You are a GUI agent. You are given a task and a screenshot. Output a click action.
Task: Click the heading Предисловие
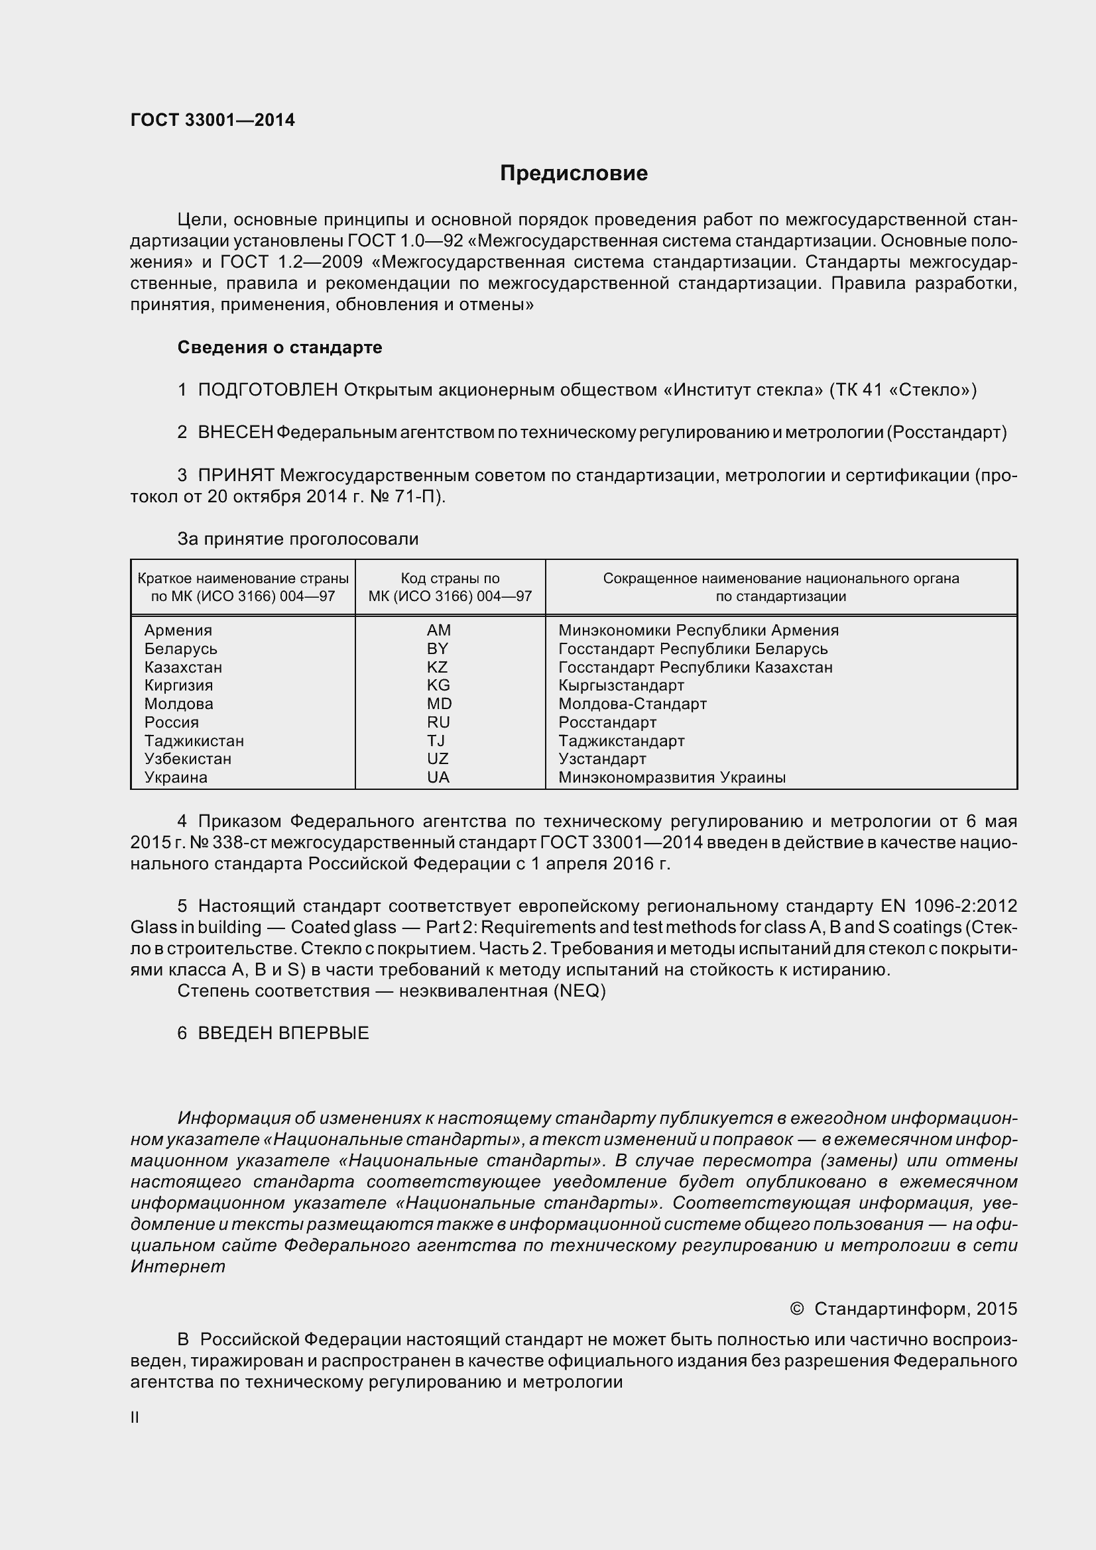pos(574,174)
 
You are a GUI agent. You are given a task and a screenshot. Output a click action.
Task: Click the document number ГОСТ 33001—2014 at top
pos(212,120)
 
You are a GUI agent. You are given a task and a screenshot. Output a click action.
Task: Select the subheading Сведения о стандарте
pos(280,348)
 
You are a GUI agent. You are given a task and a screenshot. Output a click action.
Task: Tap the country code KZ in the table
pos(438,667)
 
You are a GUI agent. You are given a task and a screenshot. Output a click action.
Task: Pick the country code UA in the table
pos(438,777)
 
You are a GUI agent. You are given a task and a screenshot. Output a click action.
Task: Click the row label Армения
pos(178,630)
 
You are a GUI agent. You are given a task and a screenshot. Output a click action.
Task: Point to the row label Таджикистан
pos(194,741)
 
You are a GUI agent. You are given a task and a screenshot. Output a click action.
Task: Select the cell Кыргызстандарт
pos(621,685)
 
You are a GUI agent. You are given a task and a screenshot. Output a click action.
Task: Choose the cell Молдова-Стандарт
pos(632,704)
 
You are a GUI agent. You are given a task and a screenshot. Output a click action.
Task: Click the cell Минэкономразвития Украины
pos(672,777)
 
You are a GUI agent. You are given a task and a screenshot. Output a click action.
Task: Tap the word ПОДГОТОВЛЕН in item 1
pos(267,390)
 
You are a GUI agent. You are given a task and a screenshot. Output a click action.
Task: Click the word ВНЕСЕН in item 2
pos(235,433)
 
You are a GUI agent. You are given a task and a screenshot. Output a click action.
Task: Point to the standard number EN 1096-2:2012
pos(949,906)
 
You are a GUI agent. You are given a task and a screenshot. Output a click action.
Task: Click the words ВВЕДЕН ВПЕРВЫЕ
pos(284,1033)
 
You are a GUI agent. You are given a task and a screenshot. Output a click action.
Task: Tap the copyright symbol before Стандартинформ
pos(797,1308)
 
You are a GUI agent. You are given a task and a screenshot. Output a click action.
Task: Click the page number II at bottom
pos(135,1417)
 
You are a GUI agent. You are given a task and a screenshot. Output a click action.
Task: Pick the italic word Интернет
pos(178,1266)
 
